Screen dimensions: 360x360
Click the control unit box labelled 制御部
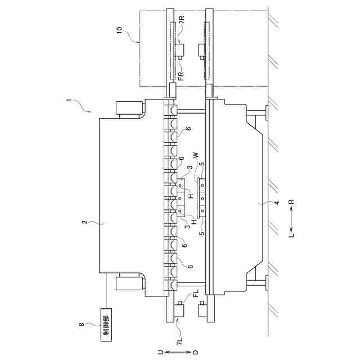pos(106,323)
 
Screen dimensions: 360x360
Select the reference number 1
pos(69,101)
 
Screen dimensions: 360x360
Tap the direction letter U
pos(160,353)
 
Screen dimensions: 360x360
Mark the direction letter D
pos(195,353)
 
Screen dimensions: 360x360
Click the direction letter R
pos(291,201)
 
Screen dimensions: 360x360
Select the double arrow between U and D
pos(177,353)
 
